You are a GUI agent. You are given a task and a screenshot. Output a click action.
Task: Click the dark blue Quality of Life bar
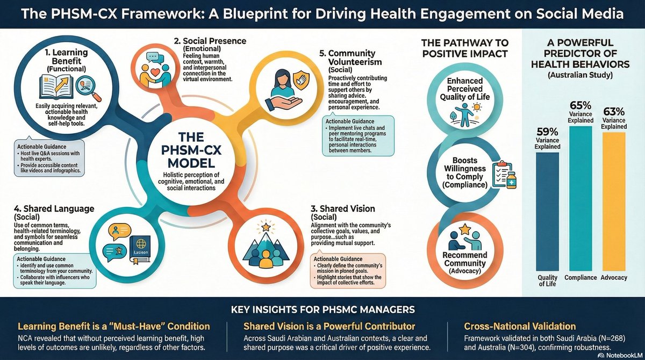[547, 212]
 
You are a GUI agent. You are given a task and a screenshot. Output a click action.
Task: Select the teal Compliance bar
[580, 198]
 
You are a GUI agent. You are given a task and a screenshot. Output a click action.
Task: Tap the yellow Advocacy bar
[614, 201]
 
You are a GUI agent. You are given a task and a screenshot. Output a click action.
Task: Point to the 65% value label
[580, 105]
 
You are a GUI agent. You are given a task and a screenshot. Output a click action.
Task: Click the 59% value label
[547, 132]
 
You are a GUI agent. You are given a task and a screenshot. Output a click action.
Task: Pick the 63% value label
[614, 111]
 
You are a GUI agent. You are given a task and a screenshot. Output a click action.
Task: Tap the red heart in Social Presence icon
[155, 71]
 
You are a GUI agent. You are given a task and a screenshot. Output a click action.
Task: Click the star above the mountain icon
[266, 227]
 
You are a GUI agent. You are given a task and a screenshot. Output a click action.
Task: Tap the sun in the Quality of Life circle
[477, 107]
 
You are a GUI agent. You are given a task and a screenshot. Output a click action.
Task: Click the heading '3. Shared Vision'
[343, 208]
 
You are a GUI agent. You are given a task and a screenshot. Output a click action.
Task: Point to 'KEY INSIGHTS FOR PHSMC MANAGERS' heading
[323, 309]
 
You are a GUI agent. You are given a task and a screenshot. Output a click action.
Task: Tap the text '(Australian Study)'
[580, 75]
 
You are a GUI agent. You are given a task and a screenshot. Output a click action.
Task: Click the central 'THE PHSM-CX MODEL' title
[191, 150]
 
